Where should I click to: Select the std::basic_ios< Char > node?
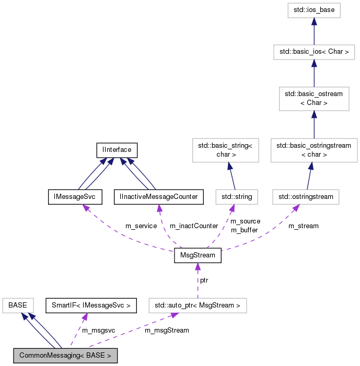(x=313, y=52)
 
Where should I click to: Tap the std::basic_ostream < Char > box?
(x=313, y=98)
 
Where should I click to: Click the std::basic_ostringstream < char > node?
(x=313, y=150)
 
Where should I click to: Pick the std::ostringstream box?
(x=306, y=197)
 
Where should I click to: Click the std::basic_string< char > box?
(x=226, y=150)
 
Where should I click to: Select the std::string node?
(x=234, y=197)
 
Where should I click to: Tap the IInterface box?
(x=117, y=150)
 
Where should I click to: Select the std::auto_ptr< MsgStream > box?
(x=198, y=305)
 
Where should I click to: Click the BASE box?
(x=18, y=305)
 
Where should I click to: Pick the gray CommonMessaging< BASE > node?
(x=65, y=356)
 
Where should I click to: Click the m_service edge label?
(x=141, y=226)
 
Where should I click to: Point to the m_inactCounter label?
(x=194, y=226)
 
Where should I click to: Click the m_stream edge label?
(x=303, y=226)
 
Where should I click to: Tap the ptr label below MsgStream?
(x=204, y=280)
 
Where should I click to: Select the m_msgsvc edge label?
(x=98, y=330)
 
